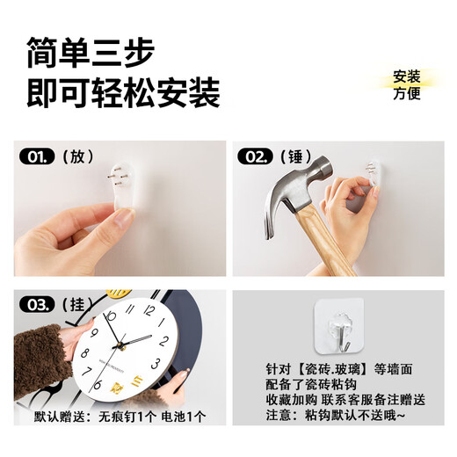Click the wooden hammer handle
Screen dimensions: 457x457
330,242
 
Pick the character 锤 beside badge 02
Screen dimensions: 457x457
296,157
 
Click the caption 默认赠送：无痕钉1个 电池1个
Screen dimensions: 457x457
120,415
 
